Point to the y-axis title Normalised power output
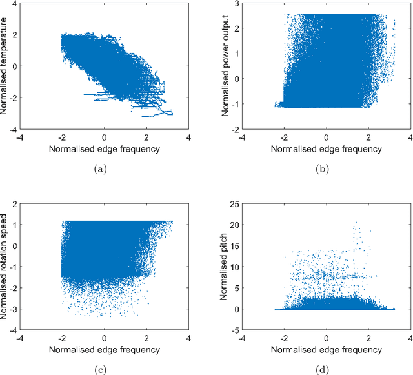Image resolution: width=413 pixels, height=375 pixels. point(227,66)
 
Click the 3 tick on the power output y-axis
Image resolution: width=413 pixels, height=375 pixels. point(237,5)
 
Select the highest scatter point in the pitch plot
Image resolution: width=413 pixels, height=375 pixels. point(355,222)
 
